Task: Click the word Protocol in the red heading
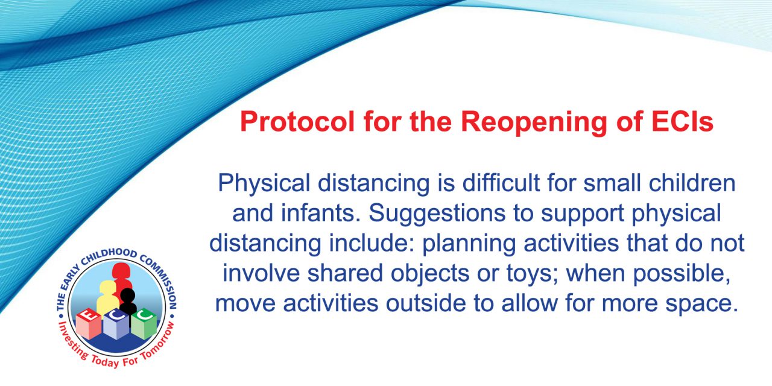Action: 297,122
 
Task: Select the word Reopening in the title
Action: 534,122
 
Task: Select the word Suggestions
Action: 437,214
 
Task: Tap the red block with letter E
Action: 89,324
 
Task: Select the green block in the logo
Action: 144,324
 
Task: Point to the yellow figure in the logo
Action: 107,298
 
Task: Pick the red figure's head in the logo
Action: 121,271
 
